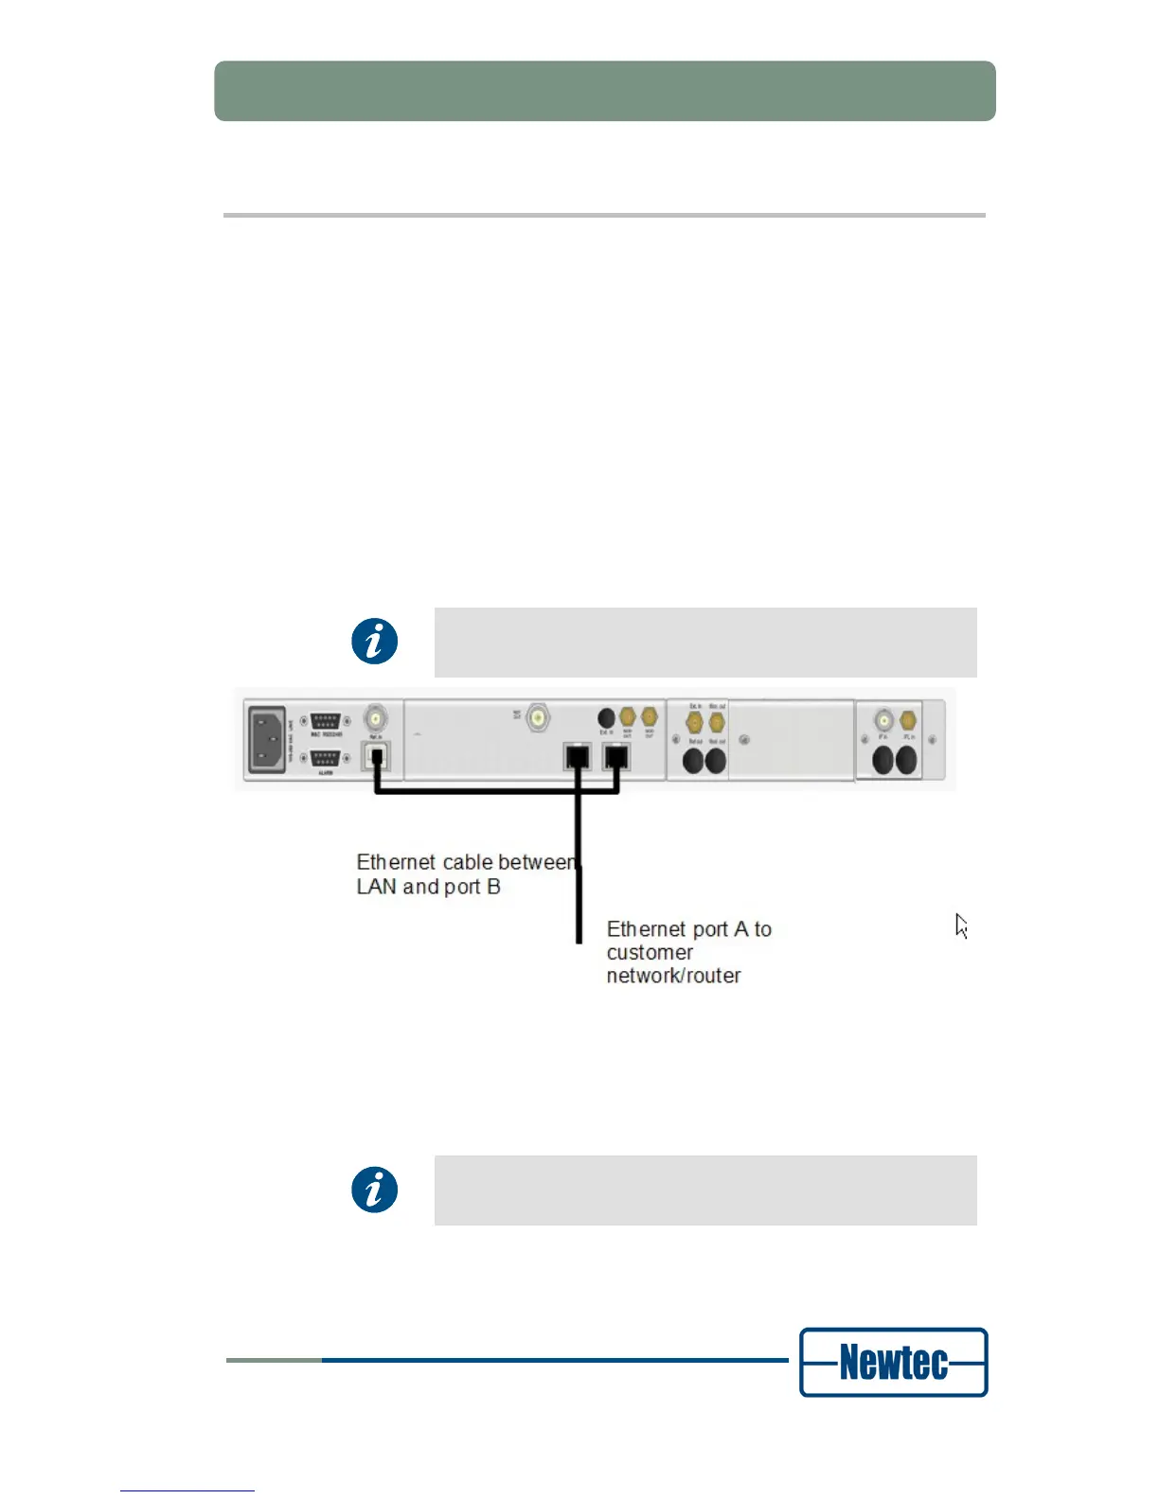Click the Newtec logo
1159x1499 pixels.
pos(893,1362)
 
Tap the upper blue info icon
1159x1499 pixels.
pos(375,642)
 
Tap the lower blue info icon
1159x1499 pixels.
pos(375,1190)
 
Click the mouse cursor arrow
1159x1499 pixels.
pos(960,925)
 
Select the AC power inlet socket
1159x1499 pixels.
pos(267,739)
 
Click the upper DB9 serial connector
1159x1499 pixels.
pos(325,721)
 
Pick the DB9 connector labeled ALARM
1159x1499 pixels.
pos(325,758)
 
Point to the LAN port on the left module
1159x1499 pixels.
pos(376,757)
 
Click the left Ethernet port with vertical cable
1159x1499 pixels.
pos(578,757)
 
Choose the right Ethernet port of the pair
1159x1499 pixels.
pos(616,757)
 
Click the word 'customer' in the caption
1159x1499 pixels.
pos(650,952)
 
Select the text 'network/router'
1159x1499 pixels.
pos(673,976)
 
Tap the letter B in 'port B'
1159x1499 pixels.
pos(493,887)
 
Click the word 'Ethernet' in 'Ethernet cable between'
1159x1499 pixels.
pos(396,862)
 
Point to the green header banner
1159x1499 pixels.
pos(605,91)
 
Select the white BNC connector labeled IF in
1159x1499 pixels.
pos(883,720)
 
